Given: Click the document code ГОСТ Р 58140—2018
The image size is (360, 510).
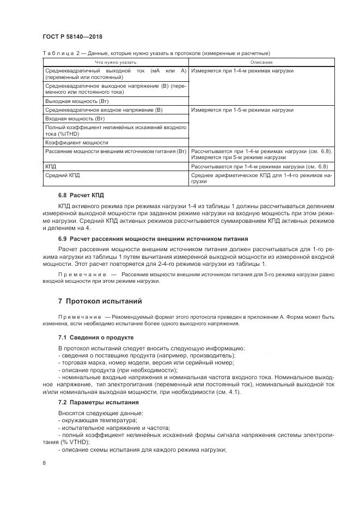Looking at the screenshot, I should tap(72, 37).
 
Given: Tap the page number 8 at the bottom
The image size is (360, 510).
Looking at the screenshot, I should tap(44, 463).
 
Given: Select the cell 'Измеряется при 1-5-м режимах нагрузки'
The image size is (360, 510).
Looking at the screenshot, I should tap(242, 110).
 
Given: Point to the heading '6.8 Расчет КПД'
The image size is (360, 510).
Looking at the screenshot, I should tap(81, 195).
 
